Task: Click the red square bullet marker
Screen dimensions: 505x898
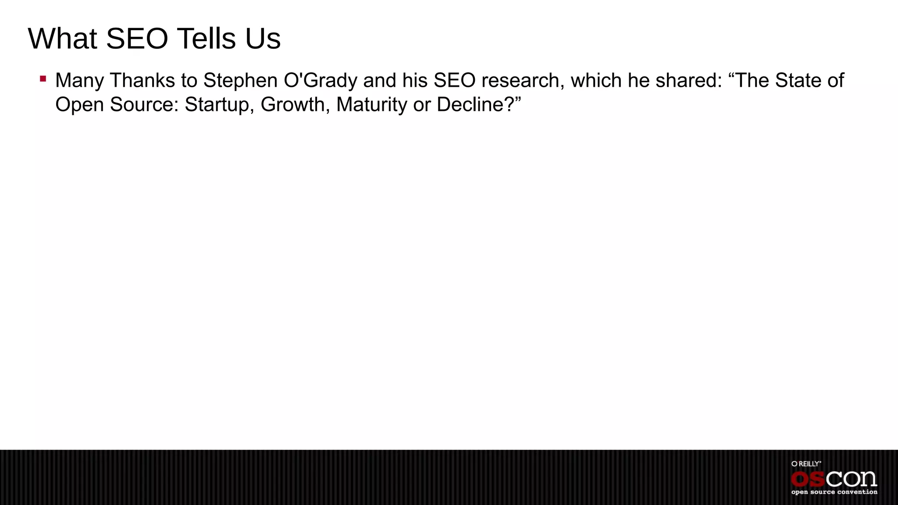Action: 43,79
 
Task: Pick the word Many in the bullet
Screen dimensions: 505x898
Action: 79,81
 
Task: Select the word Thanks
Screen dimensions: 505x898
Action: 143,81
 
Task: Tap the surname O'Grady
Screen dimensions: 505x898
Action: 321,81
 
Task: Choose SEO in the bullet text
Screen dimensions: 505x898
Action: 455,81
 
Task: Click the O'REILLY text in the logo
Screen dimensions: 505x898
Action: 806,464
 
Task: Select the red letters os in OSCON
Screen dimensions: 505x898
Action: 808,479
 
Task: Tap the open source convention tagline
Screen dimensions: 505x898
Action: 834,492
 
